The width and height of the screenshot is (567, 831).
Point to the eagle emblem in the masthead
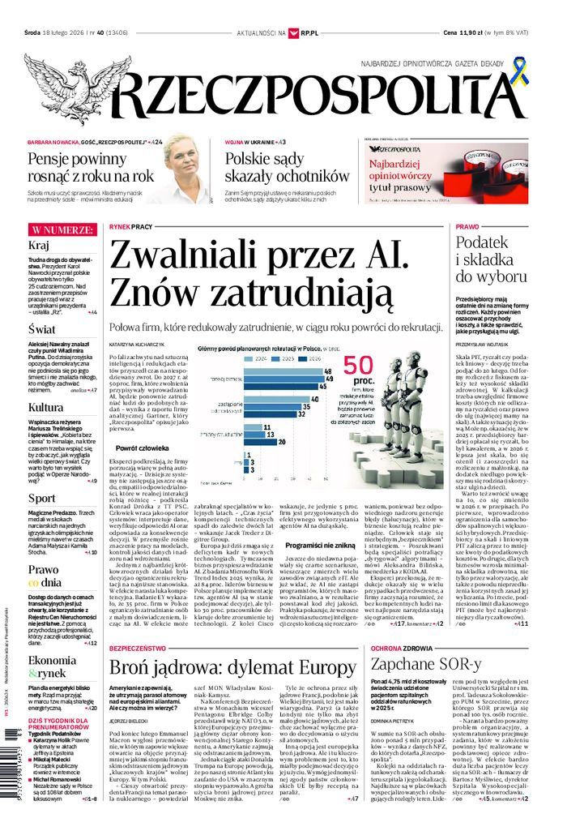65,89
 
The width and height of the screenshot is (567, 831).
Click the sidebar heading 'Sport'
41,497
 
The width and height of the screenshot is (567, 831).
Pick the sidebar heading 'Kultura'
45,406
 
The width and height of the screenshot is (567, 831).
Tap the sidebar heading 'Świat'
41,329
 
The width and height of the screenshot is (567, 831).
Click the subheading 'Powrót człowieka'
142,448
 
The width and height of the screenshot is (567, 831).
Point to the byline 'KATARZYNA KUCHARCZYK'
139,343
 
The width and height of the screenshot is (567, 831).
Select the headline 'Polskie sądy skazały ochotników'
287,167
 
